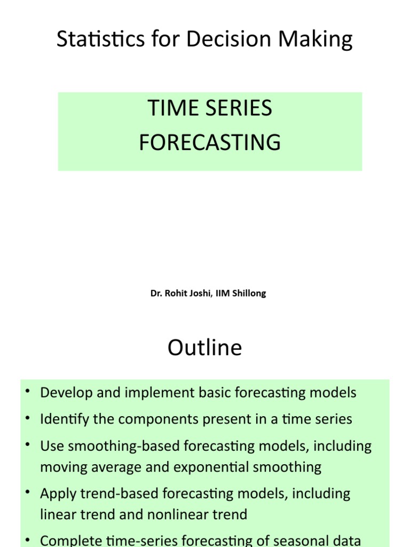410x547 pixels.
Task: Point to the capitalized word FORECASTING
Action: pyautogui.click(x=210, y=143)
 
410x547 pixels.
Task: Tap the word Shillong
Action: pyautogui.click(x=249, y=293)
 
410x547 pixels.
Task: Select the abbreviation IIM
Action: pyautogui.click(x=223, y=293)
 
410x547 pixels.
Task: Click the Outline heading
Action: pyautogui.click(x=204, y=348)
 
